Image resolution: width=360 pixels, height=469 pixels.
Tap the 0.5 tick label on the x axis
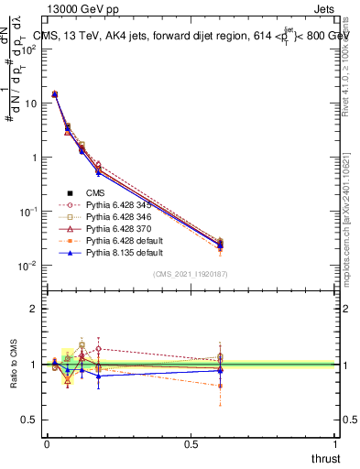tap(191, 443)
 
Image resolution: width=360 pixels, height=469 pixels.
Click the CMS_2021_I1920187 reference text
tap(190, 274)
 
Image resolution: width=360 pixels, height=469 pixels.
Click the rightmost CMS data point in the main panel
tap(220, 244)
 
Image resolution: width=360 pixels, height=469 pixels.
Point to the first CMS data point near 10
tap(55, 94)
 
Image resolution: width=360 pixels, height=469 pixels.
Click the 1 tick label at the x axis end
tap(336, 443)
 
